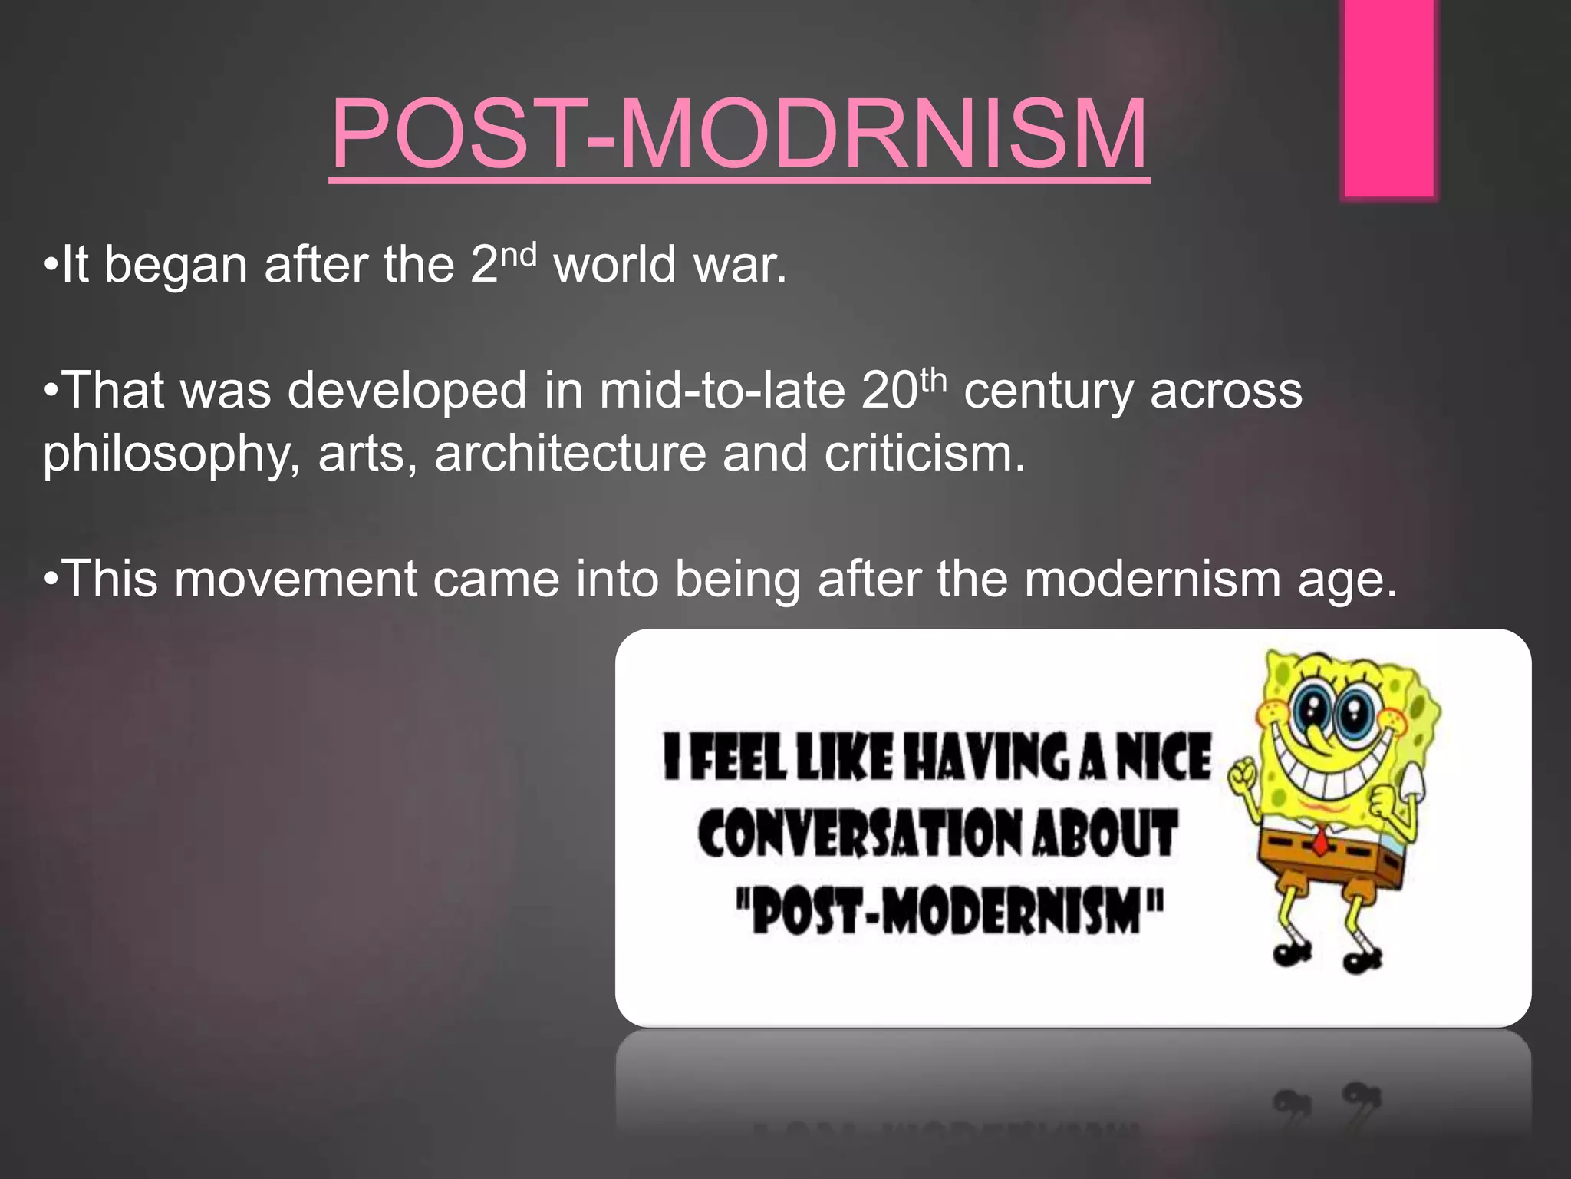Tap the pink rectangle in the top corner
[x=1388, y=100]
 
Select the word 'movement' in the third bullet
[x=295, y=579]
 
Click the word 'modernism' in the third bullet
[x=1152, y=579]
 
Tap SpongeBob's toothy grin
[x=1335, y=768]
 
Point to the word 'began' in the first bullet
[x=176, y=265]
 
